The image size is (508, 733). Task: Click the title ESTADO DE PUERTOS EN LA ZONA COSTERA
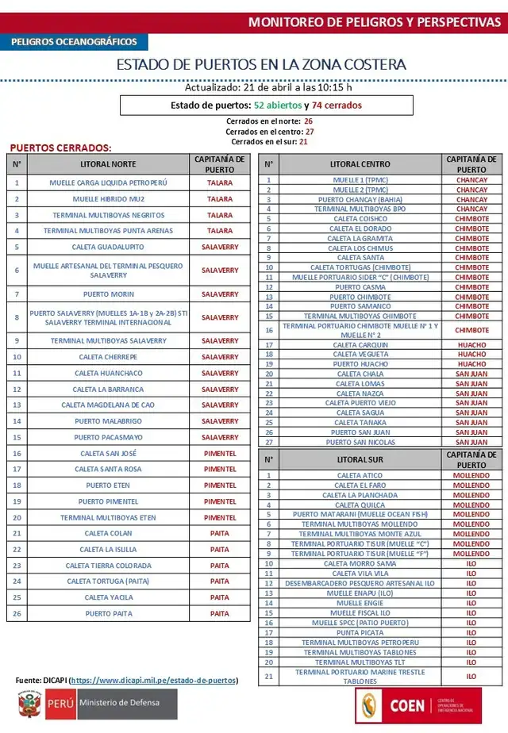pyautogui.click(x=261, y=64)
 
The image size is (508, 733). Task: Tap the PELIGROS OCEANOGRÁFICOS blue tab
pyautogui.click(x=74, y=42)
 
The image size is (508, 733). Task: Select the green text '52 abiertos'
pyautogui.click(x=278, y=105)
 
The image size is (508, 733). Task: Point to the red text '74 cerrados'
pyautogui.click(x=337, y=105)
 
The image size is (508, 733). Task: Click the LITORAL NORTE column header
pyautogui.click(x=108, y=164)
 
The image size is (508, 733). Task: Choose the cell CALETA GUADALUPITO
pyautogui.click(x=108, y=247)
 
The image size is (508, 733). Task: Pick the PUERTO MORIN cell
pyautogui.click(x=108, y=294)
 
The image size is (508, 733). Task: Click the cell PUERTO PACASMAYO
pyautogui.click(x=108, y=437)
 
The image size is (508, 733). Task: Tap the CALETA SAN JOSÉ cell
pyautogui.click(x=108, y=454)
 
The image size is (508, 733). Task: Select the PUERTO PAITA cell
pyautogui.click(x=108, y=613)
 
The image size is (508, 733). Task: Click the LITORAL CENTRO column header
pyautogui.click(x=360, y=164)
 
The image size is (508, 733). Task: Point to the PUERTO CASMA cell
pyautogui.click(x=360, y=287)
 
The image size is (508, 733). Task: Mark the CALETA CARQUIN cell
pyautogui.click(x=360, y=345)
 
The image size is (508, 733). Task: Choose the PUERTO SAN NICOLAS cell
pyautogui.click(x=360, y=442)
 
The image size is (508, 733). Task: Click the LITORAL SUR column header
pyautogui.click(x=360, y=459)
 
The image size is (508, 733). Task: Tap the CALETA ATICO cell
pyautogui.click(x=360, y=476)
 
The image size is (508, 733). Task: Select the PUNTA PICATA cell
pyautogui.click(x=360, y=633)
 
